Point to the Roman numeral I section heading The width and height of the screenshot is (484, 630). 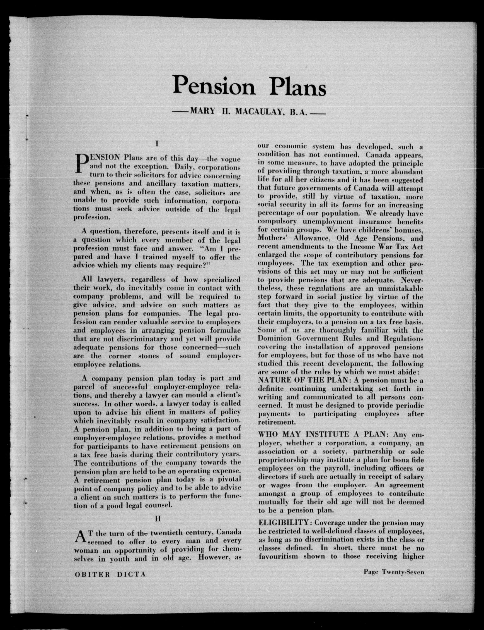tap(157, 143)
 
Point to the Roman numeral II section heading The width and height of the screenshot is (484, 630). tap(157, 518)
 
